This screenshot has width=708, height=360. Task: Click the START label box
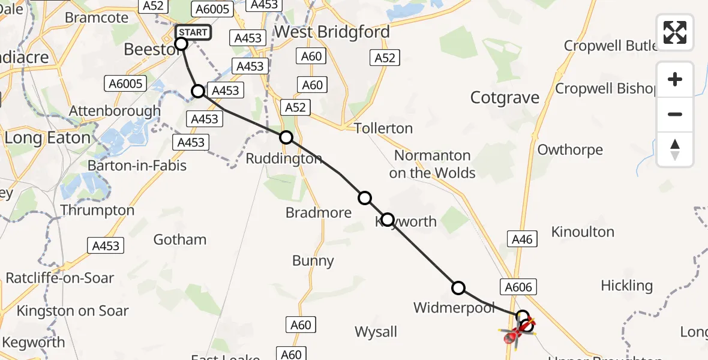tap(193, 32)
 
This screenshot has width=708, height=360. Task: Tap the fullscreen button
tap(675, 32)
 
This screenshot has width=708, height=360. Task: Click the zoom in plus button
tap(675, 79)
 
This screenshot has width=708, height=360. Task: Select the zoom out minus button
tap(675, 114)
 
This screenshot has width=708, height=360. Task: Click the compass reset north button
tap(675, 149)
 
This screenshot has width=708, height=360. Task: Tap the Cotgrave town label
tap(505, 98)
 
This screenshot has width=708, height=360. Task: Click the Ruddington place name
tap(284, 159)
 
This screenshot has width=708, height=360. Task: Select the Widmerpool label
tap(454, 308)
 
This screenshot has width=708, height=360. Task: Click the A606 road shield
tap(518, 287)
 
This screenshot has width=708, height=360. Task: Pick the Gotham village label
tap(180, 239)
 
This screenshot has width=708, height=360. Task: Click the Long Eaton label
tap(47, 137)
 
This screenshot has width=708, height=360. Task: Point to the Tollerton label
tap(383, 128)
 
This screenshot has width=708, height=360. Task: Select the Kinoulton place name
tap(582, 232)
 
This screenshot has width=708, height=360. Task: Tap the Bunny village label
tap(313, 260)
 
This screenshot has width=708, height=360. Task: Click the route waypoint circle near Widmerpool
tap(458, 288)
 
